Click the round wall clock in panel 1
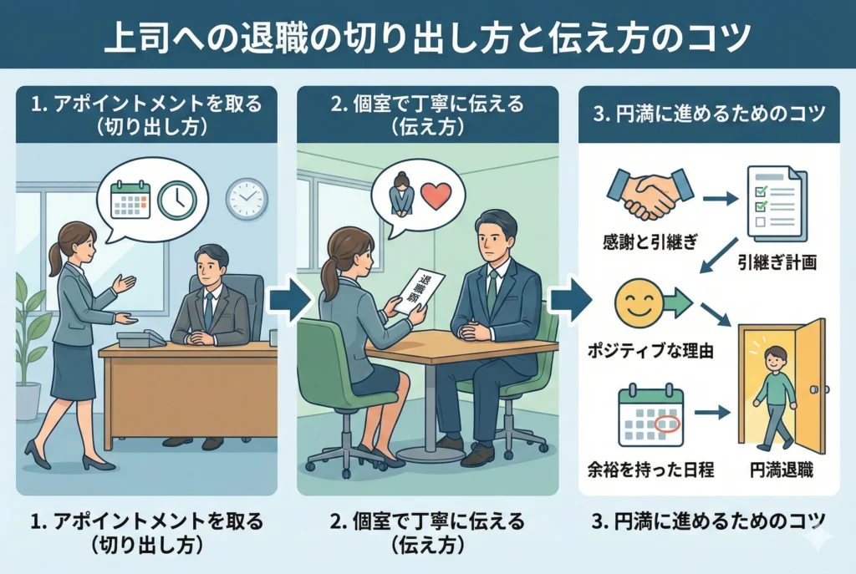point(246,200)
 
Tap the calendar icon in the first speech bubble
point(130,200)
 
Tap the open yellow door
point(807,385)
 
